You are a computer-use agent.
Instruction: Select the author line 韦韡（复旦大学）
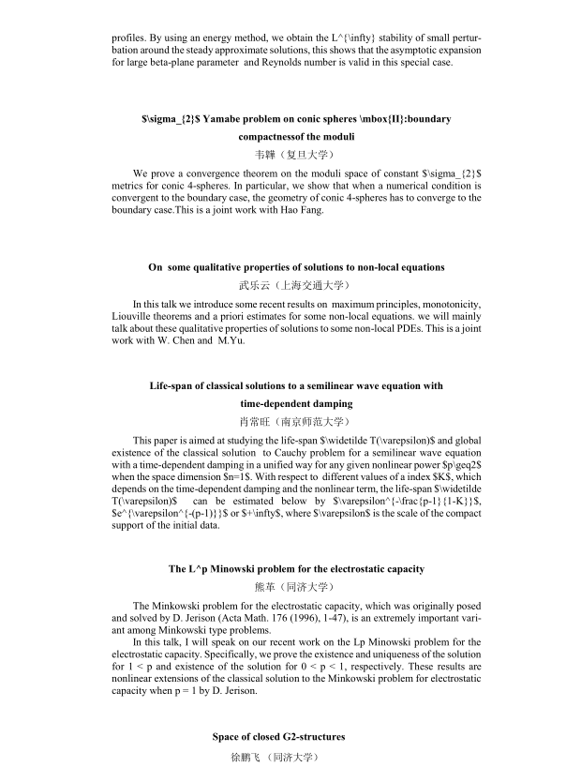tap(282, 153)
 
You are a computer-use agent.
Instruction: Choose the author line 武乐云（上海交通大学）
tap(282, 285)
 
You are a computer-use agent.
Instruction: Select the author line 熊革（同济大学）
tap(282, 587)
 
